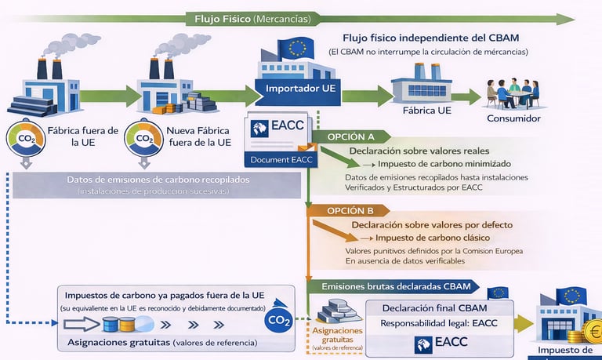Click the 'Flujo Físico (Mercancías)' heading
252,18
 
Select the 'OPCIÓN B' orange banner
350,210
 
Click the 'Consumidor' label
513,119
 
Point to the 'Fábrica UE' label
427,111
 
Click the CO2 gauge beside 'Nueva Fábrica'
144,139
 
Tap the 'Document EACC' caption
281,160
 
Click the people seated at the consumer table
513,92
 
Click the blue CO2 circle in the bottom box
279,320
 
